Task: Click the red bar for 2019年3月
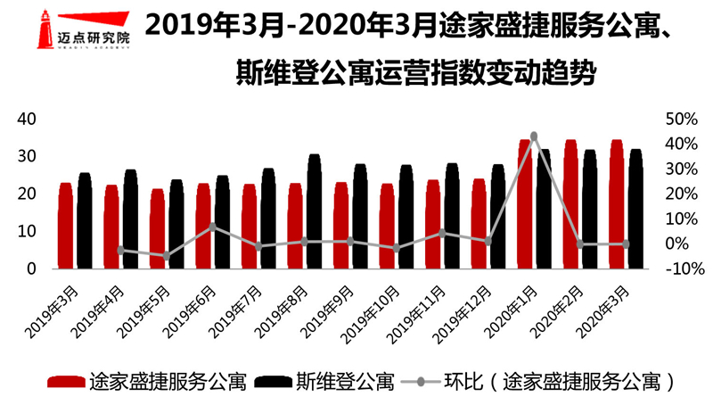tap(65, 226)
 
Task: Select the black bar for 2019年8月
tap(314, 211)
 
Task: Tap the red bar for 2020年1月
tap(525, 204)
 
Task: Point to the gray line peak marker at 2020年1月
tap(534, 136)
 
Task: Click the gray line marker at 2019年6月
tap(213, 227)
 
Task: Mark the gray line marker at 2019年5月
tap(167, 256)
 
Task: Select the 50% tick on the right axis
tap(679, 120)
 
